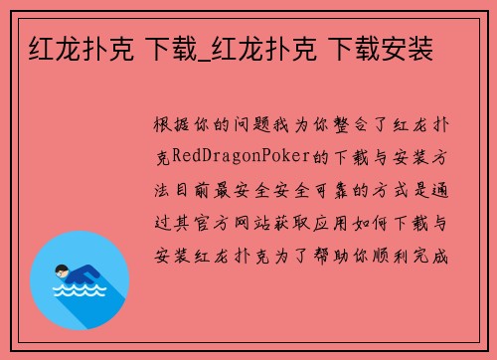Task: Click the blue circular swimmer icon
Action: [x=81, y=273]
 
